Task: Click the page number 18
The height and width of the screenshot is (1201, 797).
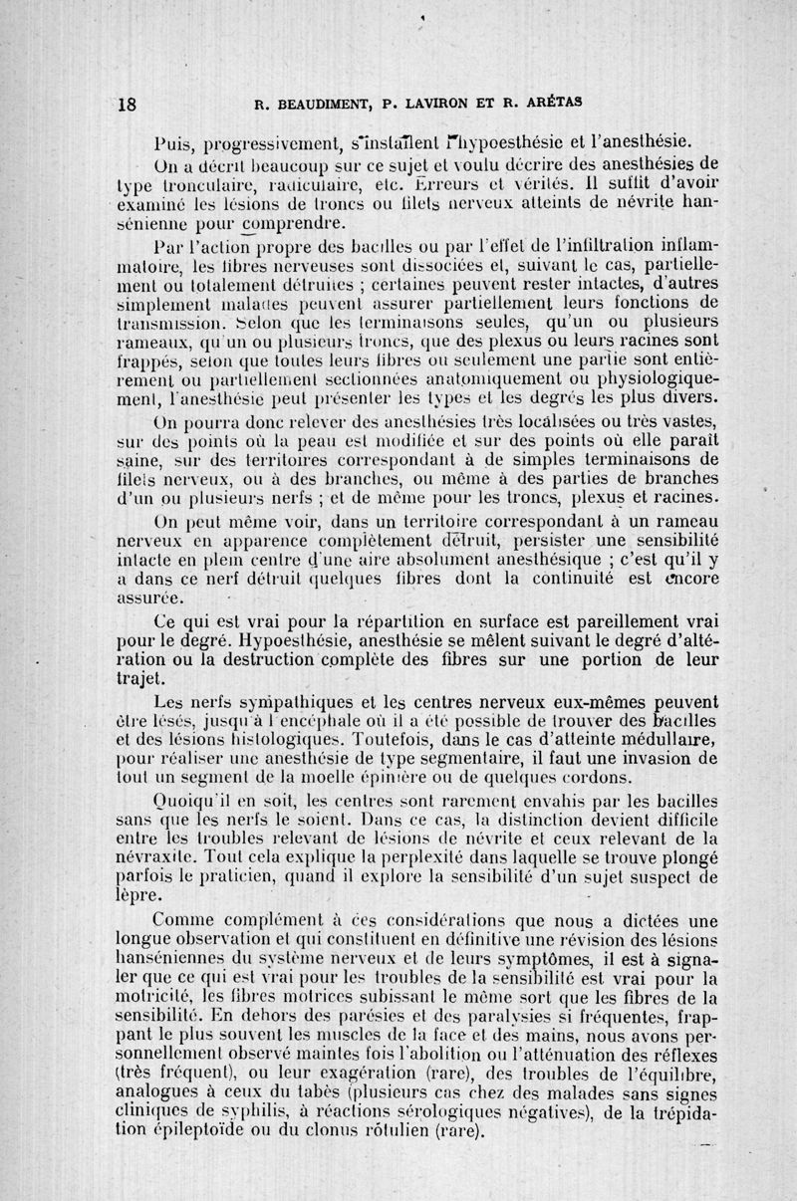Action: pyautogui.click(x=127, y=102)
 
